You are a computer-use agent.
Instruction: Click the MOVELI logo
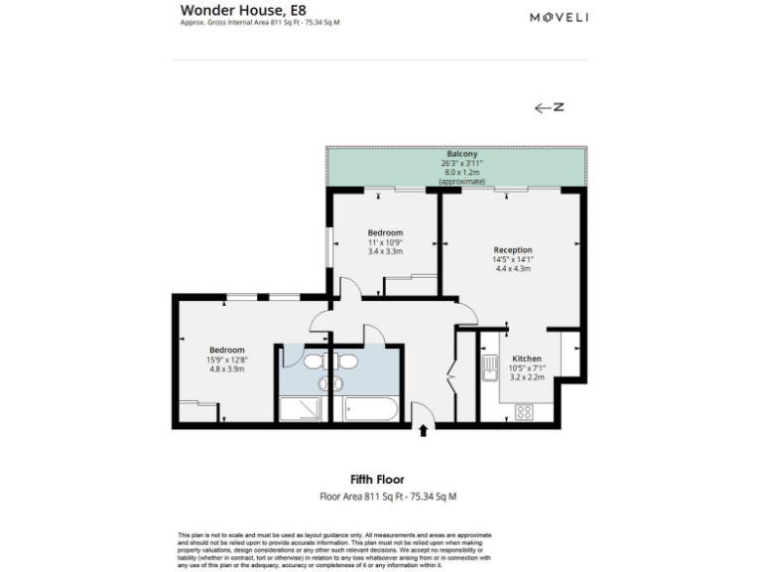click(559, 17)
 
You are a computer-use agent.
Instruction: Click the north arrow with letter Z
click(549, 108)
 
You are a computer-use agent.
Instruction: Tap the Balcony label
click(462, 154)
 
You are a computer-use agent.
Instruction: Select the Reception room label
click(513, 249)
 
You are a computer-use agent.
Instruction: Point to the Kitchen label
click(527, 358)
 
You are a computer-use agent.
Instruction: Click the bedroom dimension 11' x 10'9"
click(385, 242)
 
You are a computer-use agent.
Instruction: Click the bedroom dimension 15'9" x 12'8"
click(226, 359)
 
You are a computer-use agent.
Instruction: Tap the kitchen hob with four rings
click(524, 411)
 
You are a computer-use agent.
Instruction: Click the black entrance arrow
click(425, 431)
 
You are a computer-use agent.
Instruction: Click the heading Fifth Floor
click(376, 480)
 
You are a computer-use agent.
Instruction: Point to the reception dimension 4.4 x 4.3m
click(513, 269)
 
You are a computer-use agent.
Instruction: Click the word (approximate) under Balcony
click(462, 182)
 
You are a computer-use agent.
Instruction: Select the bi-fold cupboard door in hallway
click(451, 376)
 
